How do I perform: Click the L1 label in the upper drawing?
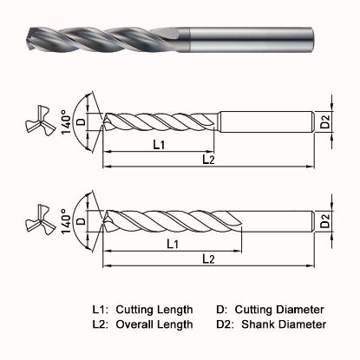pos(160,145)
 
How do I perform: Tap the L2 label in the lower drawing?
pos(208,259)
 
